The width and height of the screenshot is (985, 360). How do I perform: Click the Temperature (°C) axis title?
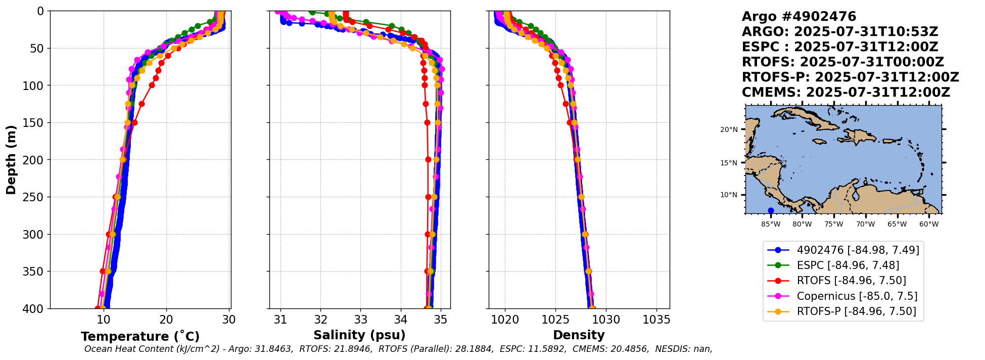coord(140,337)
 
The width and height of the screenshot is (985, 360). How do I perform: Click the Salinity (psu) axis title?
coord(359,335)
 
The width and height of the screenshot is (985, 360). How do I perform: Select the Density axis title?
coord(579,335)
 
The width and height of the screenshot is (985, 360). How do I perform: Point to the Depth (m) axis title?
coord(11,160)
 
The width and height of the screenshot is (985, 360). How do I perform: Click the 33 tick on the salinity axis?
coord(360,320)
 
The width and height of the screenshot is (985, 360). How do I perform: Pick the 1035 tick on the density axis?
coord(656,320)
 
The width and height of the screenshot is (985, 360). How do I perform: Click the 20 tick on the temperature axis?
coord(166,320)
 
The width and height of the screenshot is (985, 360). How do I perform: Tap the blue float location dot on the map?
coord(771,210)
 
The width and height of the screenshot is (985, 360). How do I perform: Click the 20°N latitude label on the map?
coord(728,129)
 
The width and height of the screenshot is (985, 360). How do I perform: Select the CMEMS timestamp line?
coord(846,93)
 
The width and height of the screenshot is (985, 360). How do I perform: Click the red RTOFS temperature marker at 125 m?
coord(142,104)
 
